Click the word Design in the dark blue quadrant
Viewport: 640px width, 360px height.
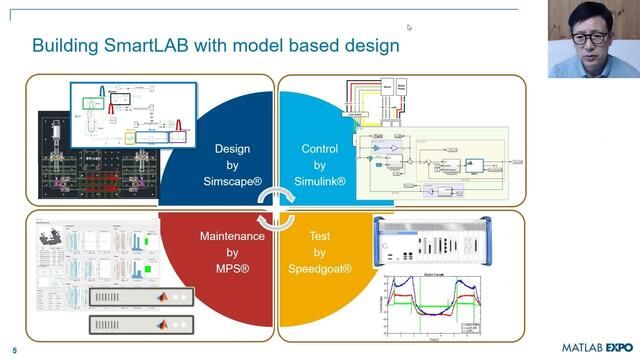pyautogui.click(x=232, y=149)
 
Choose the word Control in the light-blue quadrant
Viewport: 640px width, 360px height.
pyautogui.click(x=321, y=149)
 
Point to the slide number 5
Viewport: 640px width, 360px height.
pyautogui.click(x=14, y=349)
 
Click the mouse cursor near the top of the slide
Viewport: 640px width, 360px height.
pyautogui.click(x=409, y=27)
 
